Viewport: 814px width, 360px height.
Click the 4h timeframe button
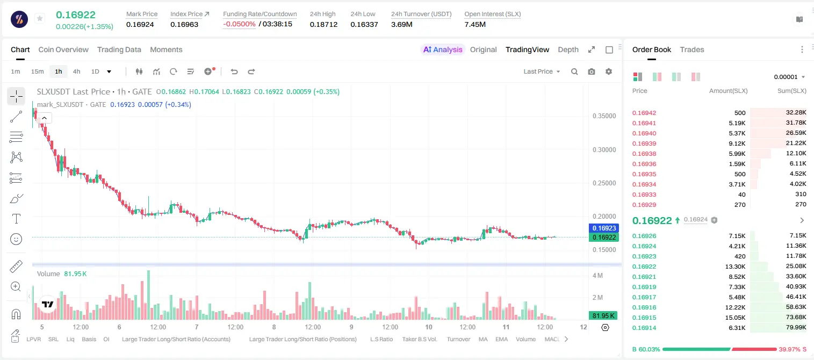coord(76,71)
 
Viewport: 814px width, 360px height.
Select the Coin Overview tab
coord(63,49)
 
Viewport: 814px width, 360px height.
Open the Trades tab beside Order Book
coord(692,49)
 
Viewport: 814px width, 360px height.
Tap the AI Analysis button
coord(443,49)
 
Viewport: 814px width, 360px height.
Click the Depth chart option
coord(568,49)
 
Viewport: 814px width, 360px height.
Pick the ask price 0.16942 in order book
coord(644,113)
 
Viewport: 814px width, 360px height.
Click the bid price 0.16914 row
coord(644,328)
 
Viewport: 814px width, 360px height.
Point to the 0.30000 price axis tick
coord(604,150)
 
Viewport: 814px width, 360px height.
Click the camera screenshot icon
coord(592,71)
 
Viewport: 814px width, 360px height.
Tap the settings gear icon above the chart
coord(609,71)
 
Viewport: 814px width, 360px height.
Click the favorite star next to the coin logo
coord(40,18)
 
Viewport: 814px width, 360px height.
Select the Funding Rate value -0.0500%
coord(239,24)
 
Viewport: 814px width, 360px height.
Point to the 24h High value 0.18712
coord(323,24)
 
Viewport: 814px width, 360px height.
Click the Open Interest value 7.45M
coord(475,24)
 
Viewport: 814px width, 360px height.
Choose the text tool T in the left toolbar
coord(16,219)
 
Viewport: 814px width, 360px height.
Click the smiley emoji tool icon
coord(16,239)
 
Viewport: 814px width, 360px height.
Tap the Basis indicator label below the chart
coord(89,339)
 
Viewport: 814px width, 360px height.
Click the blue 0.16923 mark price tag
coord(604,228)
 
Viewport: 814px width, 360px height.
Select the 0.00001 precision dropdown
coord(789,77)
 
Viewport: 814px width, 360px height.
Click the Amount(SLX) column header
coord(728,91)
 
